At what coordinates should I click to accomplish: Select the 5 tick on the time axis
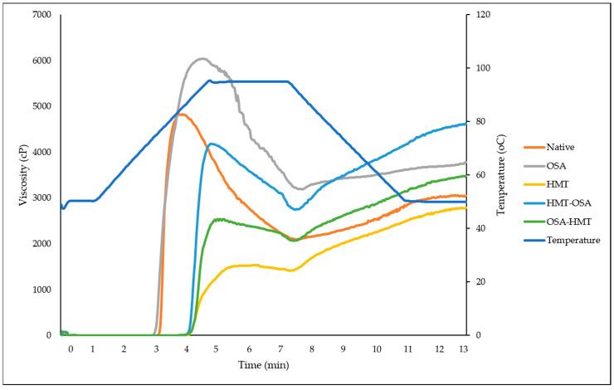tap(215, 349)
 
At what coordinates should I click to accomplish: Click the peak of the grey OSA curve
tap(202, 58)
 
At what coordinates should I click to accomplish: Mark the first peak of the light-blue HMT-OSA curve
tap(212, 144)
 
